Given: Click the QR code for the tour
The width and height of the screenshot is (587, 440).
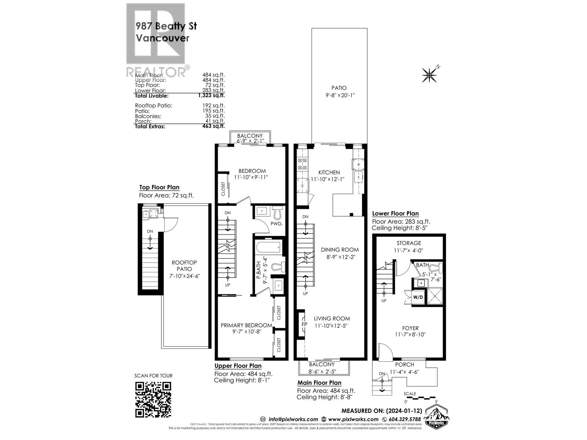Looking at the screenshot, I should [153, 399].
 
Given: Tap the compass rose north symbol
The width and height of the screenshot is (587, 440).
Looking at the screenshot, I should [429, 75].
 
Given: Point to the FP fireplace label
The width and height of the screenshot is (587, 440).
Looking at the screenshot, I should [304, 324].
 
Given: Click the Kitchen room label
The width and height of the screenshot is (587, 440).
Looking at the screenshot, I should [329, 172].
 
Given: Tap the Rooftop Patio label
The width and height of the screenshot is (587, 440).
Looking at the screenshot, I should [184, 265].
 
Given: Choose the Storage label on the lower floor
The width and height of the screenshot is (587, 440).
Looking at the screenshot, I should [409, 243].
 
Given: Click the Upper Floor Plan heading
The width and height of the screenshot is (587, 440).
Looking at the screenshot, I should [238, 366].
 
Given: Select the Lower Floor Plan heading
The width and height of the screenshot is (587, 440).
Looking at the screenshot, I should [395, 213].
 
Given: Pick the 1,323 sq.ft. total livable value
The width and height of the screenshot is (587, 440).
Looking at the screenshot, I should [211, 96].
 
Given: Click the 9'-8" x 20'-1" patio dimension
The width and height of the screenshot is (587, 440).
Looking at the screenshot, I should [339, 95].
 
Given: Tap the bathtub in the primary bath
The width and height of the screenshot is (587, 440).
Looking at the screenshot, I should [268, 247].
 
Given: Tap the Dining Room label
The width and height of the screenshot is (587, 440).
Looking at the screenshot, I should [340, 250].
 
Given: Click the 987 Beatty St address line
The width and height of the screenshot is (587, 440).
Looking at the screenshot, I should [166, 26].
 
